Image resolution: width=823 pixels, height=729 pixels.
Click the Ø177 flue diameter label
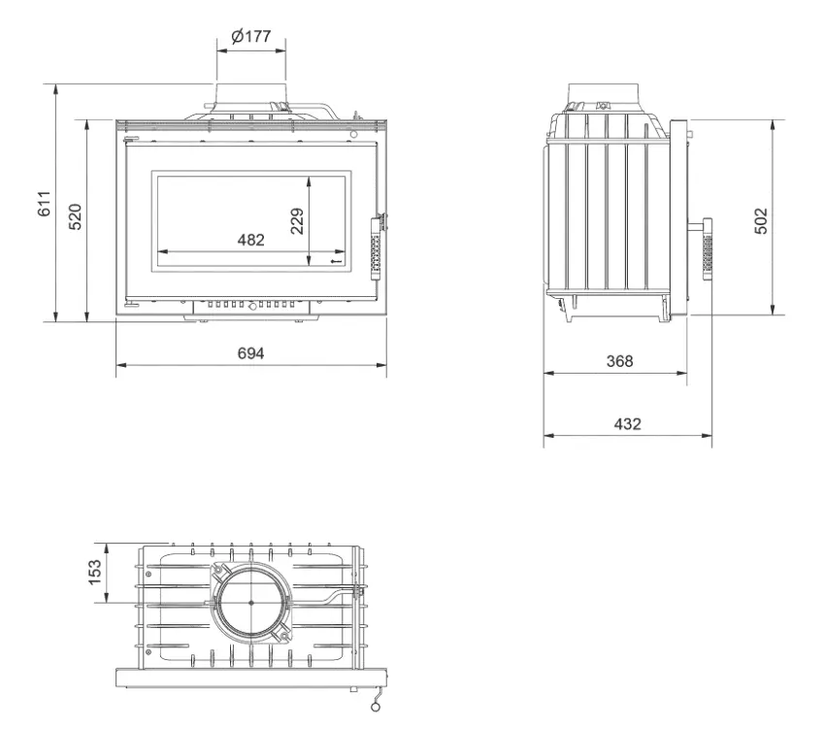click(251, 36)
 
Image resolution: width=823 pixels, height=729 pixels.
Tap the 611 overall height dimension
click(44, 204)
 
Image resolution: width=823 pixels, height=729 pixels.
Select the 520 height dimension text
click(76, 216)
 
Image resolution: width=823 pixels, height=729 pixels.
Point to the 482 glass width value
click(251, 240)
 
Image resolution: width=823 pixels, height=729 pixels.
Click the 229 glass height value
click(297, 221)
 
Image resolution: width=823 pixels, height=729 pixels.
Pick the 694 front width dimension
click(251, 353)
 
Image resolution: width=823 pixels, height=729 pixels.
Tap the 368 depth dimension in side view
click(619, 361)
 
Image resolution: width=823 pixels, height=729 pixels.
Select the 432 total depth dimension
click(627, 423)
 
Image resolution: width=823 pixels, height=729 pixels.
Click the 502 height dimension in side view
click(761, 221)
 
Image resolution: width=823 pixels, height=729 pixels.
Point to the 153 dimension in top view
click(94, 572)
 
